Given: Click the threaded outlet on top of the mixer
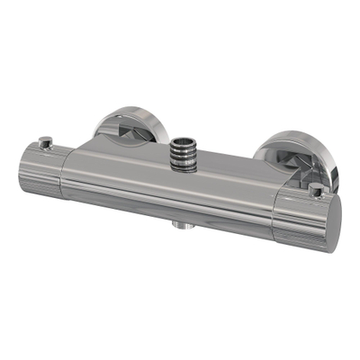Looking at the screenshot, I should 184,152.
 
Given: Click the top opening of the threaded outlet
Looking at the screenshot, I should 184,142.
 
